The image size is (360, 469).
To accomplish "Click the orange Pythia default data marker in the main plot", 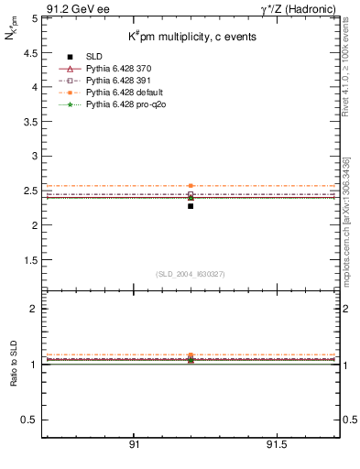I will coord(191,186).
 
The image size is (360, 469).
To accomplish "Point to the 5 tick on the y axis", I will coord(34,17).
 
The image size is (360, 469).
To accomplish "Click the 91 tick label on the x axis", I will coord(134,446).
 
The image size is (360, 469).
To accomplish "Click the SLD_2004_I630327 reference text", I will coord(191,274).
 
